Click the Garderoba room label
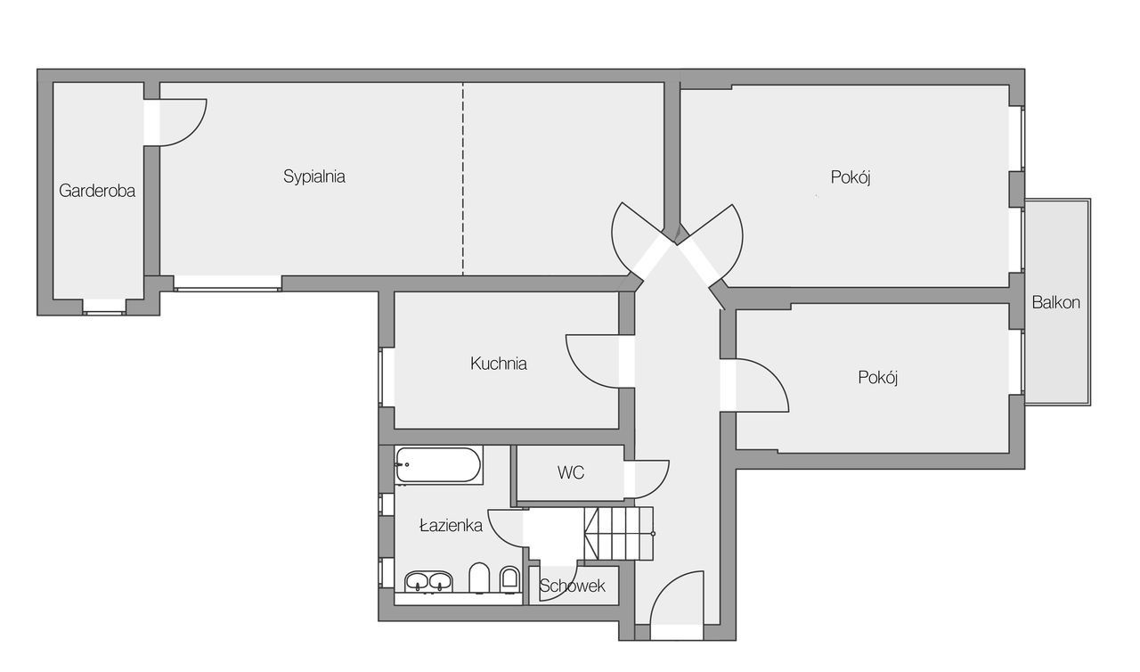coord(97,191)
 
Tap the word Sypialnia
coord(314,176)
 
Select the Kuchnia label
coord(498,364)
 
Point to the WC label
coord(571,473)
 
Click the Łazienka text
coord(451,525)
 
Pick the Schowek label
coord(572,586)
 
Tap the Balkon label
coord(1056,302)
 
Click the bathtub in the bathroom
coord(439,464)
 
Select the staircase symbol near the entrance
coord(619,534)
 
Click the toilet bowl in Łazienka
coord(478,578)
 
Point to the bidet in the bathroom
coord(509,579)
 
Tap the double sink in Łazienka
coord(428,581)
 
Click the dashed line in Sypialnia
coord(462,178)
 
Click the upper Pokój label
coord(851,177)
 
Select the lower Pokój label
coord(878,378)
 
